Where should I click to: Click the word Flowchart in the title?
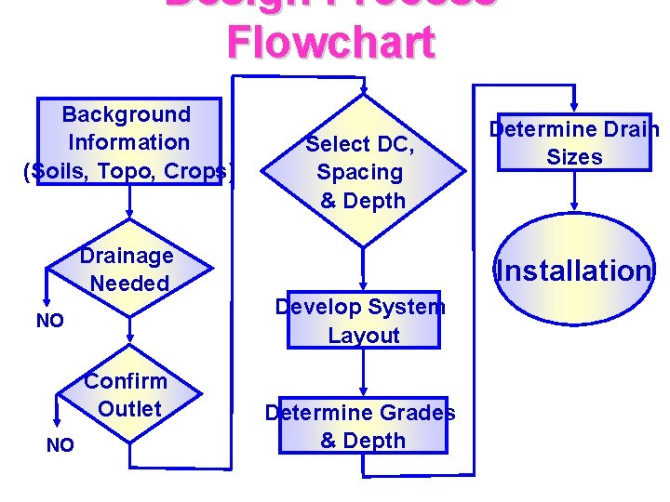click(330, 42)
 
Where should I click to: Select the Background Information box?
click(128, 141)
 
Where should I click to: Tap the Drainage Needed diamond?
click(127, 269)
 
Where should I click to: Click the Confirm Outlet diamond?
click(127, 394)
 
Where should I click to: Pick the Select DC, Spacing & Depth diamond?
click(362, 172)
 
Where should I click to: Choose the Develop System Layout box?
click(362, 321)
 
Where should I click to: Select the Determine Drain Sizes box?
click(574, 142)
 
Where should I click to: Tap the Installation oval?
click(574, 271)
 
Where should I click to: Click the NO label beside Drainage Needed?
click(49, 321)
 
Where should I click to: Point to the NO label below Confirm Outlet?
click(60, 445)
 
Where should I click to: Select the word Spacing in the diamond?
click(360, 172)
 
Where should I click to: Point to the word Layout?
click(364, 336)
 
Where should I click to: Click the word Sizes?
click(574, 157)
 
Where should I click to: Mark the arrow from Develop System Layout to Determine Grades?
click(362, 373)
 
